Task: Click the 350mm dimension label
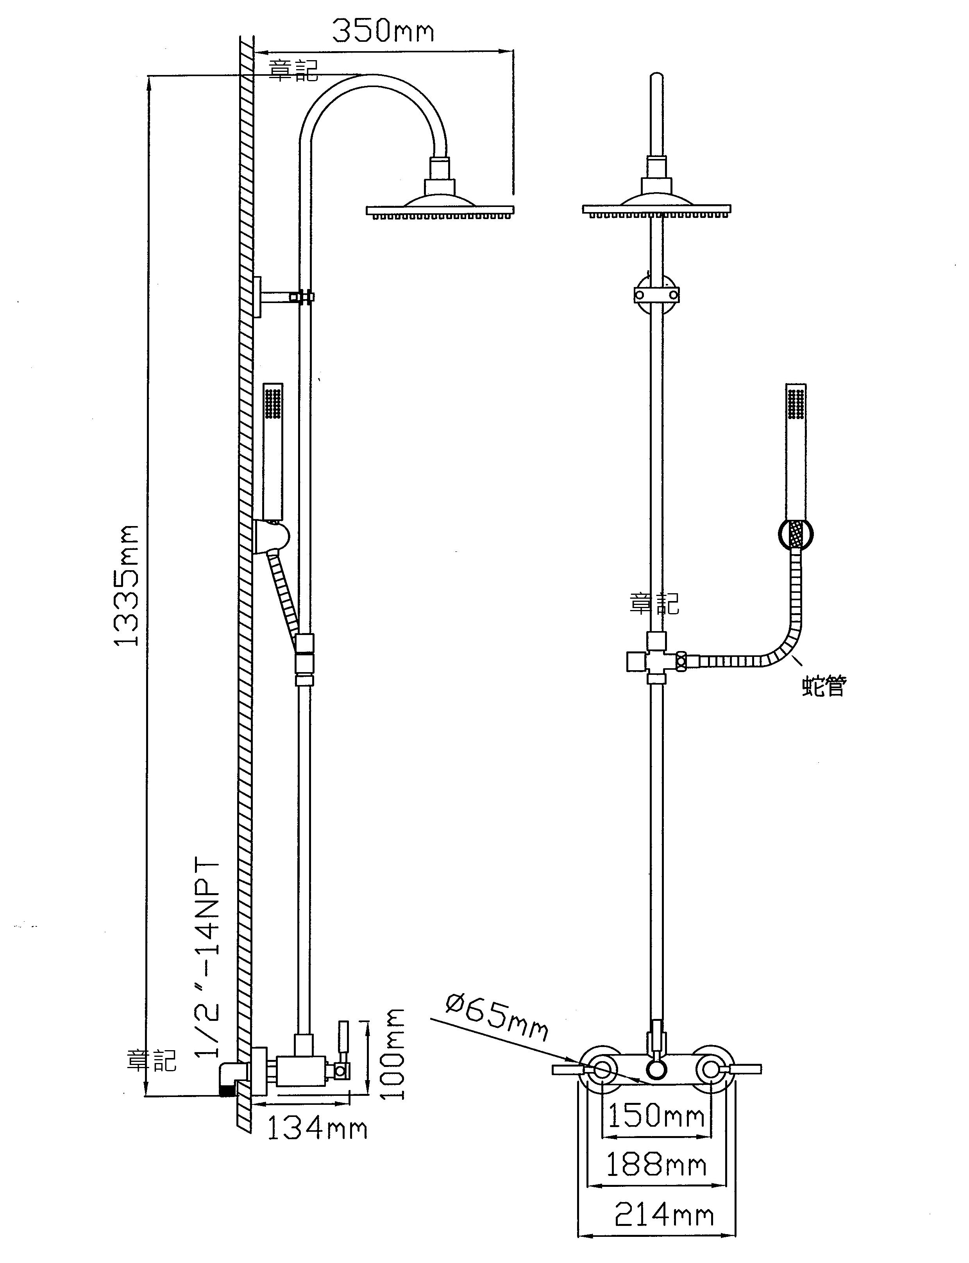383,32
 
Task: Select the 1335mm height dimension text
126,585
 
